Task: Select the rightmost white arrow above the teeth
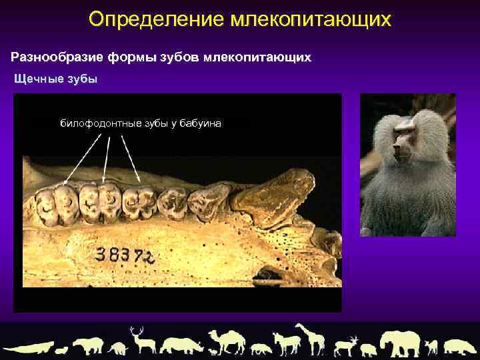[x=131, y=160]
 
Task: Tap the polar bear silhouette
[x=87, y=345]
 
